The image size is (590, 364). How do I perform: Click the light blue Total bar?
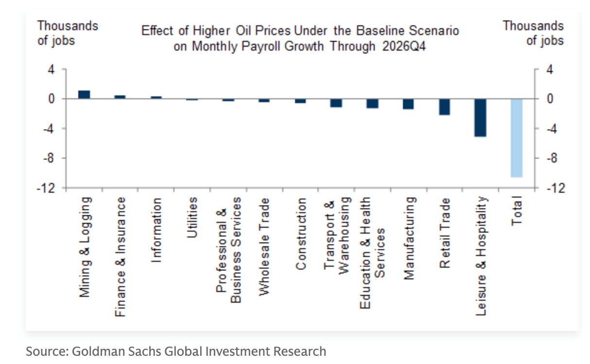(517, 138)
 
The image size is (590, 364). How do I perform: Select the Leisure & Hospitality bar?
(481, 118)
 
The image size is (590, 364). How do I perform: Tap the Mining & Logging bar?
(84, 94)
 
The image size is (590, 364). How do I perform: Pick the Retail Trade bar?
(444, 107)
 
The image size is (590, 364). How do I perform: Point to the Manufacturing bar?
(408, 104)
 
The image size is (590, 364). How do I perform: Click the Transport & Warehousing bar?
(336, 103)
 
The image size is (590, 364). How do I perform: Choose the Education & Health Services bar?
(372, 104)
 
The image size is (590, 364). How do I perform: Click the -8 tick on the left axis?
(49, 158)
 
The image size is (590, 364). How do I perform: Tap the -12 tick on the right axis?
(556, 188)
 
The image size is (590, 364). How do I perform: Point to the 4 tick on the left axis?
(51, 70)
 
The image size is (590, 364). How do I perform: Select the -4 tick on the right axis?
(552, 129)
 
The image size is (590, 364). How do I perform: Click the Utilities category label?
(192, 218)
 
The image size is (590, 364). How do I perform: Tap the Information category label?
(156, 230)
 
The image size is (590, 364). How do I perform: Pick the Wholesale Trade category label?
(264, 247)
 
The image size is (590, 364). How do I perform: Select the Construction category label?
(300, 234)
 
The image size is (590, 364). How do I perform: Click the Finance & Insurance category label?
(120, 256)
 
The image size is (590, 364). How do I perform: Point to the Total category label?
(517, 211)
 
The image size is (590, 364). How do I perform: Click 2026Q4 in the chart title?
(404, 46)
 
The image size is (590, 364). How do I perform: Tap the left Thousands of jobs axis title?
(68, 33)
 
